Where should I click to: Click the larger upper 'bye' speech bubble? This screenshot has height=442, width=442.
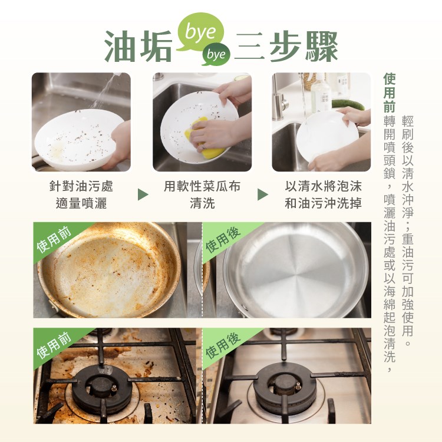pyautogui.click(x=200, y=32)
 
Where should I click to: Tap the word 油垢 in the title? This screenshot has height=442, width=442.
pyautogui.click(x=138, y=47)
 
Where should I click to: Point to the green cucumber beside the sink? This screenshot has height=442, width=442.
pyautogui.click(x=348, y=104)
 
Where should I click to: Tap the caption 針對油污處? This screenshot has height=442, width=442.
pyautogui.click(x=81, y=186)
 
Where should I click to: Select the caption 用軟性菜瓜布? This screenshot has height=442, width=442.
pyautogui.click(x=202, y=186)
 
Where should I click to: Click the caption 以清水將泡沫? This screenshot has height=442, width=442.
pyautogui.click(x=323, y=186)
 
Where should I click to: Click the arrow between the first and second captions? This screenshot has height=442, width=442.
pyautogui.click(x=143, y=194)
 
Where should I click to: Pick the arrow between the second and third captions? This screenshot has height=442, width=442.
pyautogui.click(x=263, y=194)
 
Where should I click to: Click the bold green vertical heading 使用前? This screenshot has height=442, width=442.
pyautogui.click(x=390, y=93)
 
